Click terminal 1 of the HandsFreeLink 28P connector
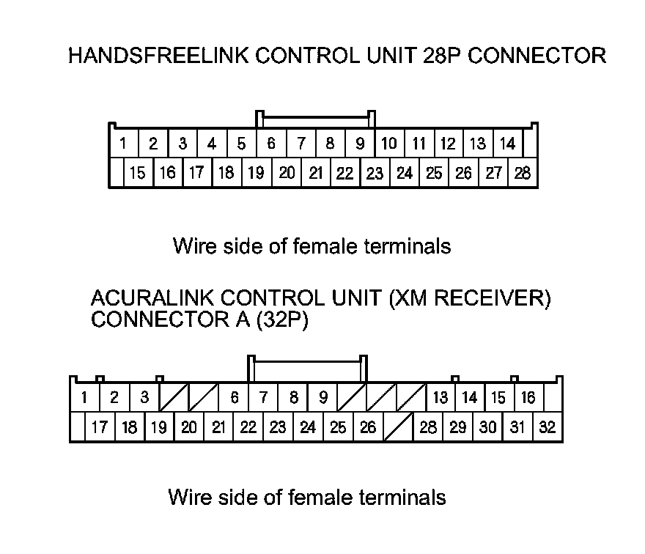point(124,144)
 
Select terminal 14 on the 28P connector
point(507,144)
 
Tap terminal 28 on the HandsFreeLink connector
point(523,174)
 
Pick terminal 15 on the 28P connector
point(138,174)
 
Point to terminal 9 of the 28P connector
point(360,144)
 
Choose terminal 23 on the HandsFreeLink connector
point(375,174)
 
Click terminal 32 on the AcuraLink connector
point(548,428)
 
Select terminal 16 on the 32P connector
point(528,398)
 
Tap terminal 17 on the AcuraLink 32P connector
point(100,428)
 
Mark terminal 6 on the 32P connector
point(235,398)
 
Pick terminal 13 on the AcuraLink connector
point(441,398)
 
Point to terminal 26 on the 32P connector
point(368,428)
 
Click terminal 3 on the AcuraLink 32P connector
point(144,398)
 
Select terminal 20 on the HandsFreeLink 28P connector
point(287,174)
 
